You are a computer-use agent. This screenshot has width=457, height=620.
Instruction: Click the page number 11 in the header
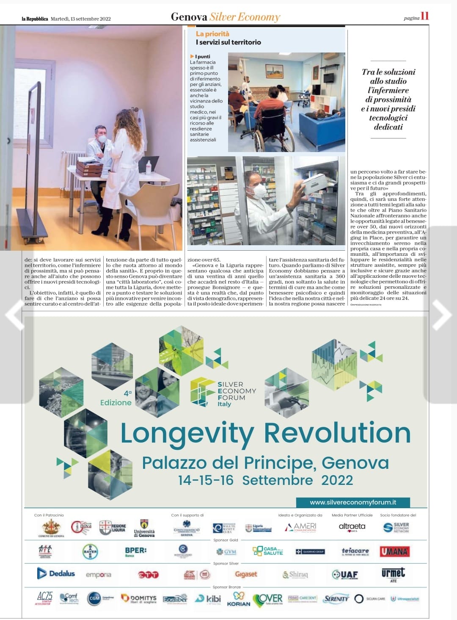click(424, 16)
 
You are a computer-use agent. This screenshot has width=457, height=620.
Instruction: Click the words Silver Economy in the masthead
click(245, 17)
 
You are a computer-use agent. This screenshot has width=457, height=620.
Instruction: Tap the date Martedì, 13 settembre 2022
click(80, 19)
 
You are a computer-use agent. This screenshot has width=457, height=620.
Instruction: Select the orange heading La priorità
click(212, 34)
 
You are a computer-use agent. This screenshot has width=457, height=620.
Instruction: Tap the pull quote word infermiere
click(388, 90)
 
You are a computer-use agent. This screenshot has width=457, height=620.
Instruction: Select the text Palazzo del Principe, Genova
click(265, 462)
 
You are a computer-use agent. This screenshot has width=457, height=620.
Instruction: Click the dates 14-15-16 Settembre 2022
click(265, 480)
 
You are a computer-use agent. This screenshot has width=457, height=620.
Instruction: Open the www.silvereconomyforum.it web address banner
click(353, 502)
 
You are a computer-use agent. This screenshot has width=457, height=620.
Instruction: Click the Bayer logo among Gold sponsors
click(90, 551)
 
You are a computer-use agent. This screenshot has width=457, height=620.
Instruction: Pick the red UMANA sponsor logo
click(394, 551)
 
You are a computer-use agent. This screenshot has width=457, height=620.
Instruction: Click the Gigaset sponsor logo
click(246, 574)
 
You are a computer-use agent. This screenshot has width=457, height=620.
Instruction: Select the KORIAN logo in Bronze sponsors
click(239, 599)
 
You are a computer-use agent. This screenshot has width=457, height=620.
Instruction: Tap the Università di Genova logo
click(144, 529)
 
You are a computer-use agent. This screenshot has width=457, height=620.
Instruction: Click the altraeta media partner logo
click(352, 527)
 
